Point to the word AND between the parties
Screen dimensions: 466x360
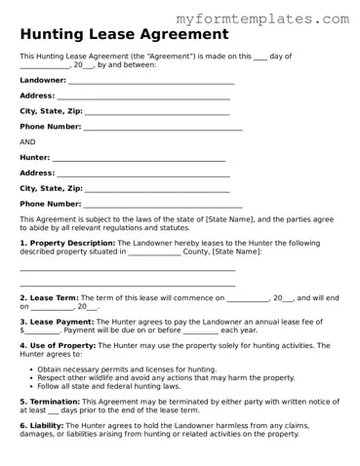tap(27, 141)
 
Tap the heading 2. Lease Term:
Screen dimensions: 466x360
tap(49, 297)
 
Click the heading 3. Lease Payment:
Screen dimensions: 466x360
tap(57, 321)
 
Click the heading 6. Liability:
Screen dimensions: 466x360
tap(42, 425)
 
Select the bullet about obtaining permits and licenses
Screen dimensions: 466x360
tap(127, 369)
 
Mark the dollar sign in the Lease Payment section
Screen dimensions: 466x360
tap(22, 330)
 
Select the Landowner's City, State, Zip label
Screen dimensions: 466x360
tap(52, 111)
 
